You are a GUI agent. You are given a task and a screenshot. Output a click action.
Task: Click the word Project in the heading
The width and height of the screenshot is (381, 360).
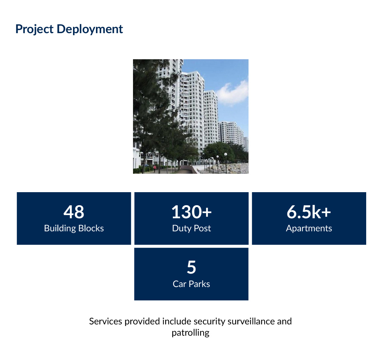coord(35,29)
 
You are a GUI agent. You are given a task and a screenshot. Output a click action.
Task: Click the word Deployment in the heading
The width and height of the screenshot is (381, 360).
coord(90,29)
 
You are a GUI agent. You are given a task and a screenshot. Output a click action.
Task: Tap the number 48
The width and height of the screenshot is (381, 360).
coord(74,212)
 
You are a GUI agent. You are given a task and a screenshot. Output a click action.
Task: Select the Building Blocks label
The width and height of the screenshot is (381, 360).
coord(74,228)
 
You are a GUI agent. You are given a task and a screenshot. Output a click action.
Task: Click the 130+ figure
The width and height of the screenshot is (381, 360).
coord(192,212)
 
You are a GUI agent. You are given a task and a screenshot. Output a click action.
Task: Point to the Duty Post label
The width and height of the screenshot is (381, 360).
coord(192,228)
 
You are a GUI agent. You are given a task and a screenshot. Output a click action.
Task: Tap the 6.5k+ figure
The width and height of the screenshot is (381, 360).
coord(309,212)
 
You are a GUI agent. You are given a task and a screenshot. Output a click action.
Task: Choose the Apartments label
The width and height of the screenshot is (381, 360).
coord(309,228)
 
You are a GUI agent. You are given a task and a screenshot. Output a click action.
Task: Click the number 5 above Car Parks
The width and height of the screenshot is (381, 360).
coord(192,267)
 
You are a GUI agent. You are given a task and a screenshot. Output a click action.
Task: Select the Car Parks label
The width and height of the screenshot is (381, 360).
coord(191,284)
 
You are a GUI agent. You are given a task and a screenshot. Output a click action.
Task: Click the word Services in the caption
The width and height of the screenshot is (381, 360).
coord(105,321)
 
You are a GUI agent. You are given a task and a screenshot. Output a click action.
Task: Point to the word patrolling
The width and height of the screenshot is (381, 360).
coord(190,333)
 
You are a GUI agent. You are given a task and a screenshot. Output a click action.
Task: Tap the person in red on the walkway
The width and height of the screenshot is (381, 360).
coord(155,168)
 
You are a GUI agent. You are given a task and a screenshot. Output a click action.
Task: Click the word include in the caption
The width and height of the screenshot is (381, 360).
coord(177,321)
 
